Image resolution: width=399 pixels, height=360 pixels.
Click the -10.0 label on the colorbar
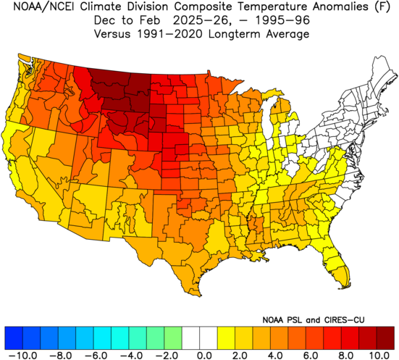coord(22,355)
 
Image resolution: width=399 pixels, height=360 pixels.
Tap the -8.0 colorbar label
coord(60,355)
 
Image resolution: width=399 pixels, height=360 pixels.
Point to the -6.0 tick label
coord(95,355)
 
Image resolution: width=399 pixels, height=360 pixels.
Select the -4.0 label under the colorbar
coord(131,355)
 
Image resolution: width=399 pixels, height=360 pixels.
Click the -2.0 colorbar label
coord(166,355)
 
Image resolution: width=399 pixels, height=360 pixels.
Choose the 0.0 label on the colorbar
coord(206,355)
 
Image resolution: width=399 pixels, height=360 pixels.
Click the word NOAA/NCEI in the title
coord(43,7)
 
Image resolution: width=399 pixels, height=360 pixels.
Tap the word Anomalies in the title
coord(340,7)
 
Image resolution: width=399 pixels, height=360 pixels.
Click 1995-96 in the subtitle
coord(282,20)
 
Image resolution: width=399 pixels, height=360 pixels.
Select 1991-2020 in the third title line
coord(169,34)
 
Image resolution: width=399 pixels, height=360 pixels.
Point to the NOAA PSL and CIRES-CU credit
coord(314,319)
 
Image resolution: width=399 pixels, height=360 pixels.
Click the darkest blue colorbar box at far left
coord(14,338)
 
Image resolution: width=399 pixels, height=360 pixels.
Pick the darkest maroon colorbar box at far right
coord(385,338)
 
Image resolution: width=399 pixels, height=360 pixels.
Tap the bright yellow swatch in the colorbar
coord(226,338)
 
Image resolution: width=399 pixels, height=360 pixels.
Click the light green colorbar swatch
coord(173,338)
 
